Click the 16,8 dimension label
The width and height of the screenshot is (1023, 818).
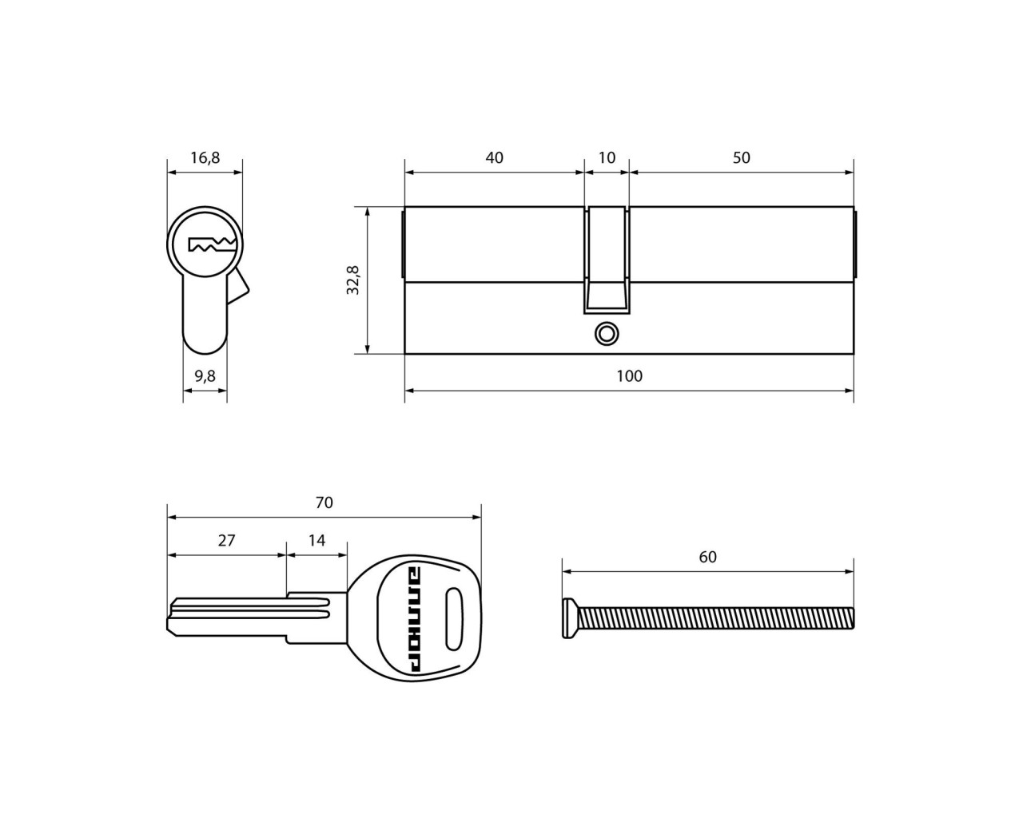205,158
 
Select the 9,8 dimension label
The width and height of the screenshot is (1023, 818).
205,376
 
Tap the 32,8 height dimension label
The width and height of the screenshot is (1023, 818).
353,280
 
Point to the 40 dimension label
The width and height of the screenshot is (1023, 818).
495,158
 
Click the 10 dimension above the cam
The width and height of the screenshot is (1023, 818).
607,158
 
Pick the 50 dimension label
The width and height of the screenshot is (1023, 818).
741,158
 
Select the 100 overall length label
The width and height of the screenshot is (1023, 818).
630,376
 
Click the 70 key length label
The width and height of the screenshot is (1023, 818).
324,502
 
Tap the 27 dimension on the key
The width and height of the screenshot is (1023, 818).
226,541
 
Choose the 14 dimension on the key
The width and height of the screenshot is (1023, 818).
316,541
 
